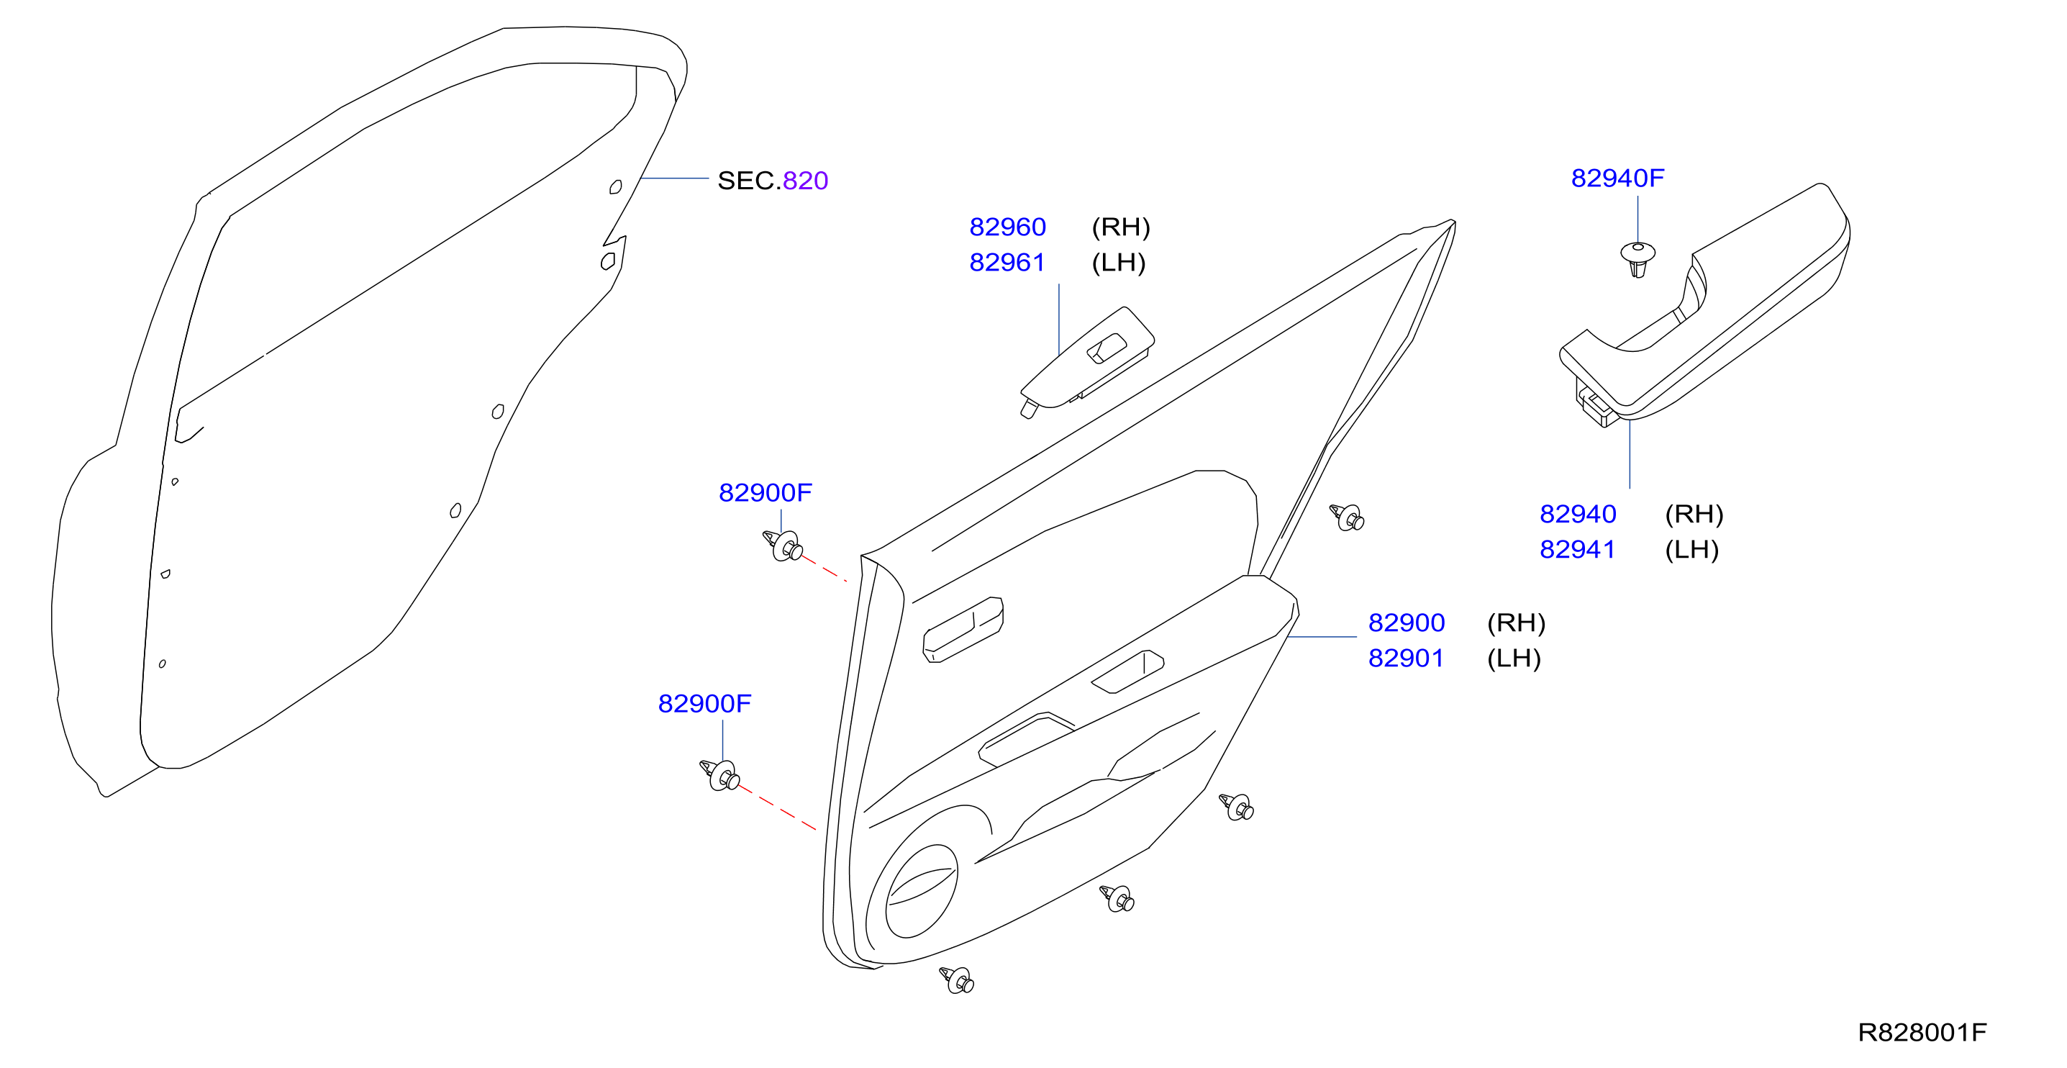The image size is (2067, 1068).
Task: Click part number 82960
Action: point(1007,227)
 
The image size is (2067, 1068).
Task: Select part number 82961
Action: point(1007,263)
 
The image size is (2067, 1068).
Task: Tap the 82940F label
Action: point(1617,178)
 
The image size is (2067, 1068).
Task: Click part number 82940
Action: point(1578,514)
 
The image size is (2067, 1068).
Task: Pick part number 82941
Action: point(1578,549)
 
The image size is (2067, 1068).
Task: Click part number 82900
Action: point(1406,623)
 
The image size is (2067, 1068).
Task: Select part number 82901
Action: point(1406,658)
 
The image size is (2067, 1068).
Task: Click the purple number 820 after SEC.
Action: point(805,181)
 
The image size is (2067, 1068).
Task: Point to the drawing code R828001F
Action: point(1922,1032)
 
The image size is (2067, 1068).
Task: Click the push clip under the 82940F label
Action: point(1637,258)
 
